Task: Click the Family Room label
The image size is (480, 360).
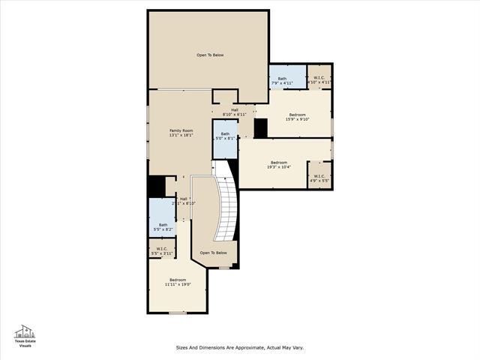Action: [x=181, y=130]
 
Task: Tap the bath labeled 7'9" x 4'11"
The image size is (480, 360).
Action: [x=282, y=80]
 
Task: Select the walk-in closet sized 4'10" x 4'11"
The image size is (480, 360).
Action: [x=319, y=80]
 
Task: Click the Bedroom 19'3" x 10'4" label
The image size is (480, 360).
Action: [x=278, y=165]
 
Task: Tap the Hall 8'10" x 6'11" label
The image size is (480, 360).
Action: [x=235, y=112]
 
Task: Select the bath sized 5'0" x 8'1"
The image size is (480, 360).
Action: [x=225, y=136]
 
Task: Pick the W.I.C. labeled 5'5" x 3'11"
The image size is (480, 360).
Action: [x=162, y=251]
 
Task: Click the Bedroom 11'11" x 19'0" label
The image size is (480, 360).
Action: [x=177, y=282]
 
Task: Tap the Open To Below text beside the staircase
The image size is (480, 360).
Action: [x=213, y=253]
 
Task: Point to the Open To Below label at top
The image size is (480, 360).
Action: [x=210, y=55]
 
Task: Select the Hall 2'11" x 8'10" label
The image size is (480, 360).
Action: [x=183, y=201]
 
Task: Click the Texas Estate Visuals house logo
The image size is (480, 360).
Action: [x=25, y=331]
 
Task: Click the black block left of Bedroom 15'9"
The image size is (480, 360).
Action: [x=260, y=128]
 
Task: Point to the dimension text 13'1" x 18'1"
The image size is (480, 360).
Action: [x=181, y=135]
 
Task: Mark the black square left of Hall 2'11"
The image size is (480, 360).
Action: [x=157, y=186]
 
